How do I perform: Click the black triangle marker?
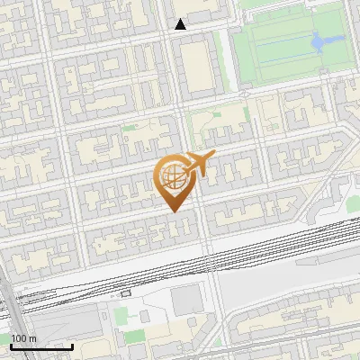(180, 24)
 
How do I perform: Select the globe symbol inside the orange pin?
(173, 176)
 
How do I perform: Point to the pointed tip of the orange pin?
(174, 211)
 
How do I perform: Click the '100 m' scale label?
(24, 338)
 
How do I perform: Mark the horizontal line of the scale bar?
(41, 346)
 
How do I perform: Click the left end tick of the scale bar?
(11, 345)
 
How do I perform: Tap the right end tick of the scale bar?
(73, 345)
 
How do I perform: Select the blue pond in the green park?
(319, 40)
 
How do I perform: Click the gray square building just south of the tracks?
(186, 301)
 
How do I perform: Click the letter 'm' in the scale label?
(33, 338)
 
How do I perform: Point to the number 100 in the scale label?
(20, 338)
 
